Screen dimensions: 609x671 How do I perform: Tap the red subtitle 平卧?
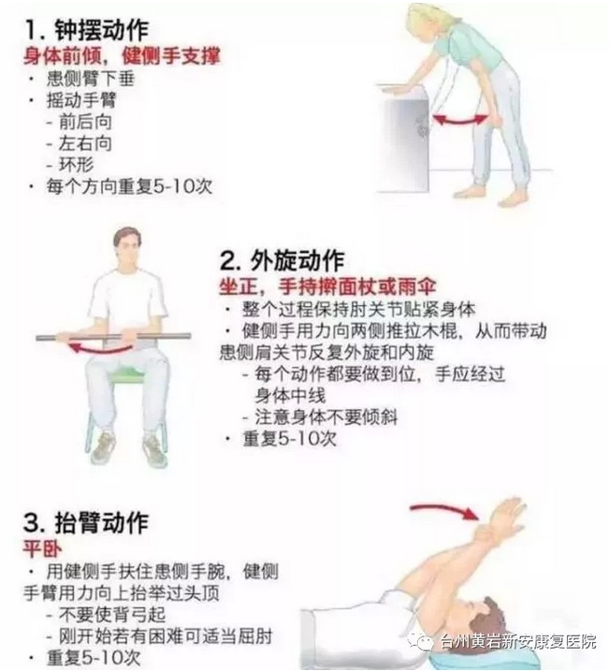click(42, 548)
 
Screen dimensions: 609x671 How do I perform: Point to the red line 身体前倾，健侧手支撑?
click(123, 56)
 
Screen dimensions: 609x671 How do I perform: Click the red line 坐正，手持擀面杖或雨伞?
click(327, 286)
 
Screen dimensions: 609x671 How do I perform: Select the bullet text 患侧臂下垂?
click(91, 79)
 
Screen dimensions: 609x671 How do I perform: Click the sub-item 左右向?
click(85, 143)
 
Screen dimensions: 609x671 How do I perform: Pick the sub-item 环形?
click(76, 165)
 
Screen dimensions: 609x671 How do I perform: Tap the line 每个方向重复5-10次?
click(129, 186)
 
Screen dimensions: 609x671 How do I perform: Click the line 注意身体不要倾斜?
click(326, 416)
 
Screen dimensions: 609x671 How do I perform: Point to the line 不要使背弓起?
click(112, 615)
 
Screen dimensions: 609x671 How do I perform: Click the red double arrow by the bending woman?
click(460, 122)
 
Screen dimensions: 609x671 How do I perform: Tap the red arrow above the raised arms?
click(444, 510)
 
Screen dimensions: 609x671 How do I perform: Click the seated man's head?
click(128, 251)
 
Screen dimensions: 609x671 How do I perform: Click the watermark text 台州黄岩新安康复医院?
click(518, 642)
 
